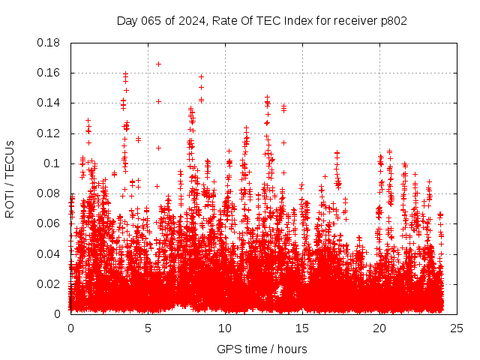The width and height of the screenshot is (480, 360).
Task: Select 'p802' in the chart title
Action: pyautogui.click(x=392, y=21)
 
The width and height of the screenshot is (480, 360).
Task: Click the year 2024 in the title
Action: pyautogui.click(x=191, y=21)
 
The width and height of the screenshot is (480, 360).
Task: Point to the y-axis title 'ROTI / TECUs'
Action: pyautogui.click(x=10, y=178)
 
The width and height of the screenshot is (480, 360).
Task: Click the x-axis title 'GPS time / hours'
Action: pyautogui.click(x=262, y=349)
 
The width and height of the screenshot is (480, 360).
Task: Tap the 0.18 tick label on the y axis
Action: pyautogui.click(x=49, y=43)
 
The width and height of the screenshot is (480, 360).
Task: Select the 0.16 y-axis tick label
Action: pyautogui.click(x=49, y=73)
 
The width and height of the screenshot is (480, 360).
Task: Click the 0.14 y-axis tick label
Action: pyautogui.click(x=49, y=103)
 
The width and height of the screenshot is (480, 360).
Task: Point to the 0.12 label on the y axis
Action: pyautogui.click(x=49, y=133)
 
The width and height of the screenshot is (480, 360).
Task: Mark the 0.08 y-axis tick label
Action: pyautogui.click(x=49, y=193)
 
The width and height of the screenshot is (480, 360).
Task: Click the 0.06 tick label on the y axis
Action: pyautogui.click(x=49, y=223)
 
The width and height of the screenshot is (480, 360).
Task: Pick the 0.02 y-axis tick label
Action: pyautogui.click(x=49, y=283)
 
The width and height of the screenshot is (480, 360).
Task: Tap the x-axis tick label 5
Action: pyautogui.click(x=148, y=328)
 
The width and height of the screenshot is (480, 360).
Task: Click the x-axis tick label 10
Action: pyautogui.click(x=225, y=328)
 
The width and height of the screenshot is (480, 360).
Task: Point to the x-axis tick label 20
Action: pyautogui.click(x=379, y=328)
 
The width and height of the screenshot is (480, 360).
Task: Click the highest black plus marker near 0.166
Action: pyautogui.click(x=158, y=64)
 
